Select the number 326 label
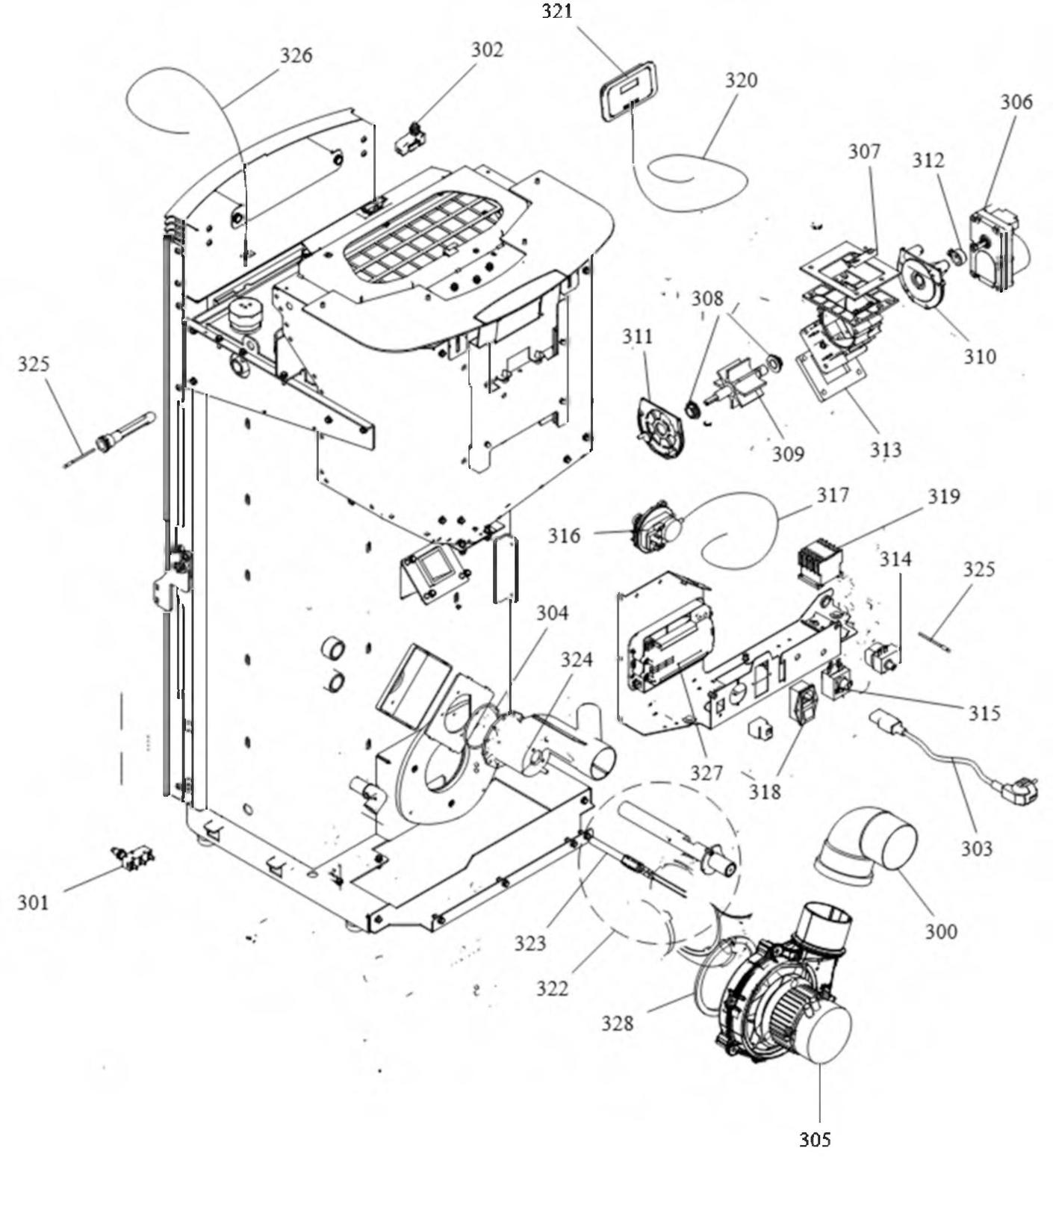(x=296, y=55)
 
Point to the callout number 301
(x=33, y=902)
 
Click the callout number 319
(x=944, y=496)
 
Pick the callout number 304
(x=552, y=612)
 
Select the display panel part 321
(x=628, y=91)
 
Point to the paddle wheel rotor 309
(x=739, y=385)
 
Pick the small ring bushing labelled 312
(x=957, y=258)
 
